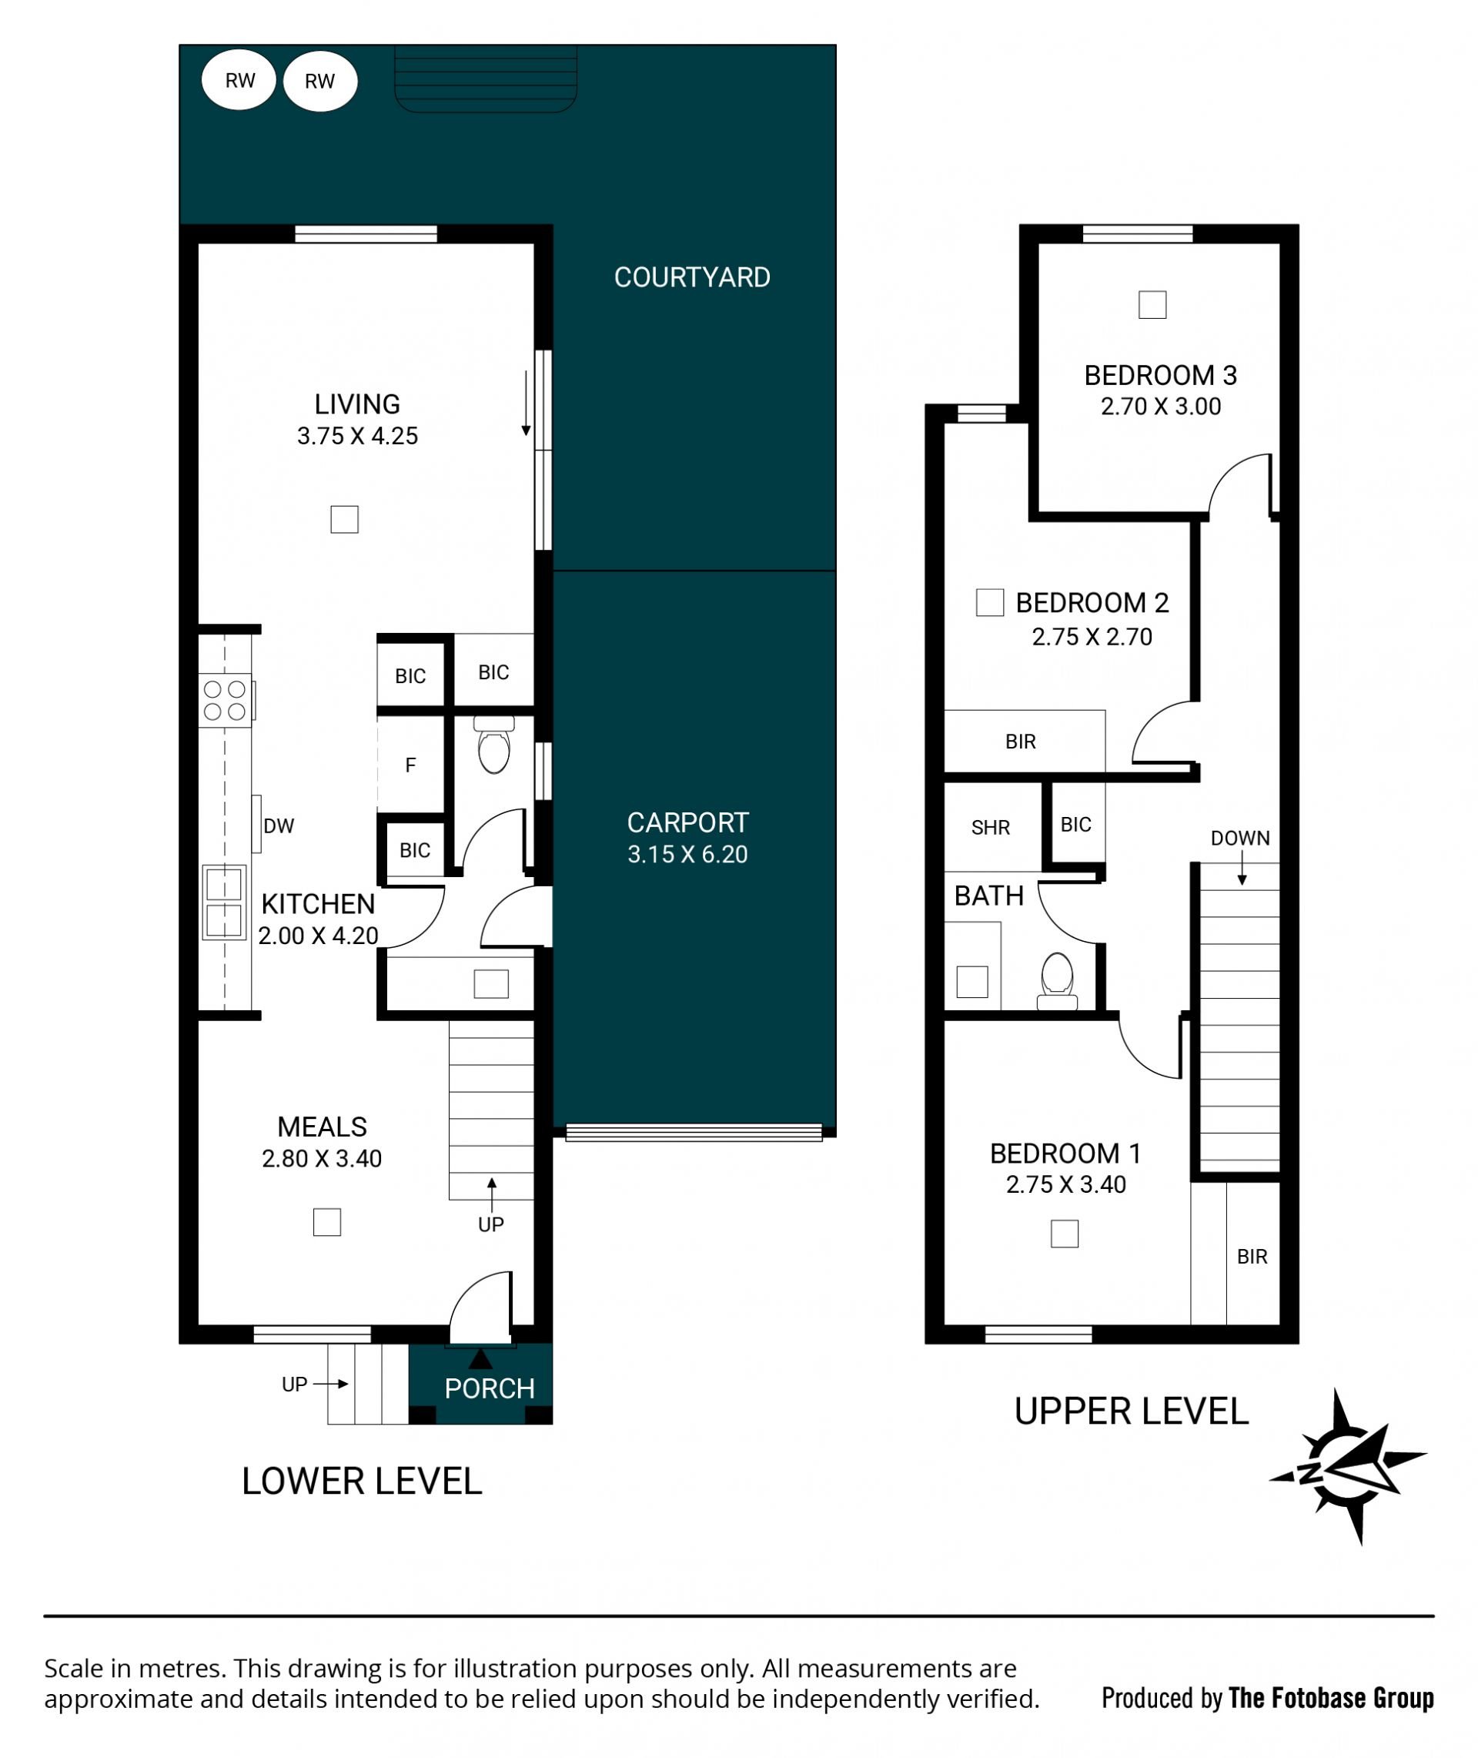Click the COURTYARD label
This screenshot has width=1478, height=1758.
(x=692, y=277)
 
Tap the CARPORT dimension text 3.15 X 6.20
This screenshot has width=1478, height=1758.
(x=687, y=854)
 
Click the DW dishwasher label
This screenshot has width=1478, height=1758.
(x=278, y=826)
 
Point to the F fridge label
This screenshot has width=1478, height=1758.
(x=410, y=765)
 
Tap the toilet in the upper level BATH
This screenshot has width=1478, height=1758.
(x=1058, y=981)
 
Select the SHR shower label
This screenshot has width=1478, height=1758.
(x=991, y=828)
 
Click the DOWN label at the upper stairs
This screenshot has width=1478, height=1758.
(x=1240, y=838)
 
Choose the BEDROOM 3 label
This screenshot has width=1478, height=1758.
(x=1160, y=376)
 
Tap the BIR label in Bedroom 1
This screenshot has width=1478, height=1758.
(x=1252, y=1257)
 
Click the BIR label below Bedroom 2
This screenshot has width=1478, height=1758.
(x=1021, y=742)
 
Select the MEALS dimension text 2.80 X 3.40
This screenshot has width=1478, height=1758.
(x=322, y=1159)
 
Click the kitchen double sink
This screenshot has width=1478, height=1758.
(x=225, y=902)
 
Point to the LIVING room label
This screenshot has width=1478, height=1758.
(x=357, y=405)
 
